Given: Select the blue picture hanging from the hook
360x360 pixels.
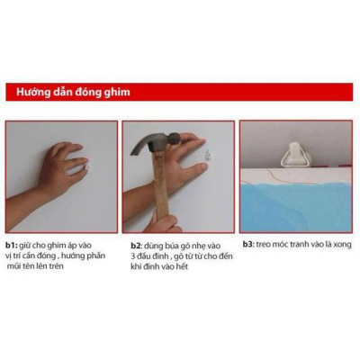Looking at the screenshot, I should coord(297,202).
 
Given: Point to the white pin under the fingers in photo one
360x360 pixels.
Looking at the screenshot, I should coord(88,167).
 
